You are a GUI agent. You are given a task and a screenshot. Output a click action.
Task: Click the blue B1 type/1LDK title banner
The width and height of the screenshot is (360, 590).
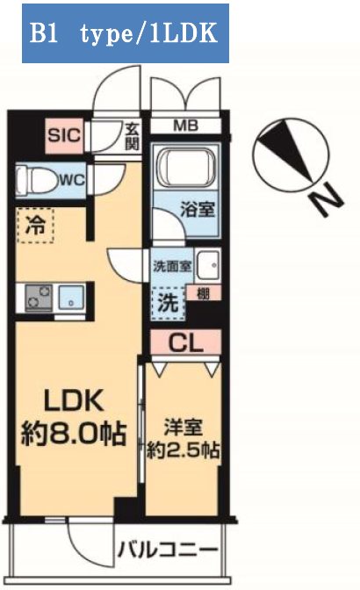click(x=125, y=33)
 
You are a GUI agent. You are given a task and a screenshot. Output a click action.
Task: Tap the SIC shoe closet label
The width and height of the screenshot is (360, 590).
click(x=63, y=135)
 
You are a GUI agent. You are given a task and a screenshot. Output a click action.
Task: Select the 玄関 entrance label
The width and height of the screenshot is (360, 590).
click(x=132, y=135)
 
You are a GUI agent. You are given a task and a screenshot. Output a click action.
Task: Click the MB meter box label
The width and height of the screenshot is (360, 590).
click(x=184, y=126)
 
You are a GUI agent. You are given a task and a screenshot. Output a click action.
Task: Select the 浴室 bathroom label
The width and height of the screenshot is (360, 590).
click(x=194, y=212)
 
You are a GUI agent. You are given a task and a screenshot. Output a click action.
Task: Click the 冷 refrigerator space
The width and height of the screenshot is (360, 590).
click(x=34, y=226)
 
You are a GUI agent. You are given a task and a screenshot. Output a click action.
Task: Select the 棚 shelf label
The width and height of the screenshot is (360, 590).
click(x=203, y=293)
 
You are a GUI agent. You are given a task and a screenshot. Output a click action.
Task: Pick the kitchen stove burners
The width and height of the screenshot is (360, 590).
click(x=38, y=299)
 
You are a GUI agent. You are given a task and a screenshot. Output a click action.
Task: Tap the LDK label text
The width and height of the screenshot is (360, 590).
click(x=75, y=401)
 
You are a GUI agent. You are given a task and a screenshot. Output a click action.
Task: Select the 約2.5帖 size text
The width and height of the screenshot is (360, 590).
click(x=185, y=451)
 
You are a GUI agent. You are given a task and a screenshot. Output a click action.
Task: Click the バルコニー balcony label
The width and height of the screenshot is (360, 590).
click(x=168, y=550)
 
